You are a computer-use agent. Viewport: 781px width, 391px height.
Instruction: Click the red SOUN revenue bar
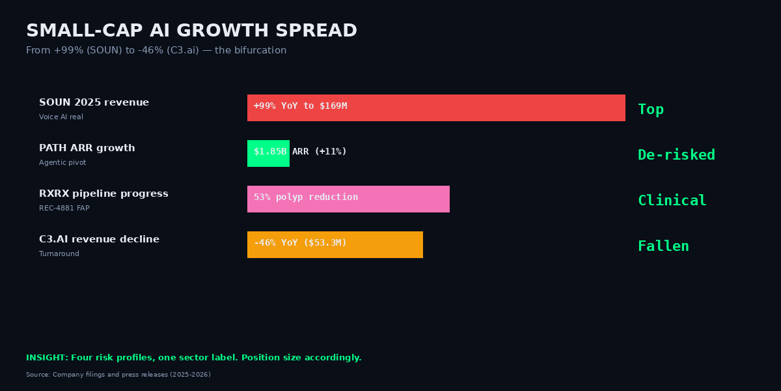point(436,108)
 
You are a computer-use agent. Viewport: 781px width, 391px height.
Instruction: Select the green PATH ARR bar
point(268,153)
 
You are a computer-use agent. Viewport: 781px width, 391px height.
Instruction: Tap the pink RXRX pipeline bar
point(348,199)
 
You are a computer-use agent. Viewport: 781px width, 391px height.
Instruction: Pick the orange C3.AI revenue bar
point(335,244)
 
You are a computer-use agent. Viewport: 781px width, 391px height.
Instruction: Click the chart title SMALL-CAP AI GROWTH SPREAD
point(191,31)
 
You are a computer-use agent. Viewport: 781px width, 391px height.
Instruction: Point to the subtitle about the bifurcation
point(156,51)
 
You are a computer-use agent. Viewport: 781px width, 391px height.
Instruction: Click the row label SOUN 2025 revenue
point(94,103)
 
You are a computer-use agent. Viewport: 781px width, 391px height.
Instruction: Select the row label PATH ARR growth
point(87,149)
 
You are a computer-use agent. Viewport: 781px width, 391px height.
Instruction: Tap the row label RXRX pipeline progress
point(103,194)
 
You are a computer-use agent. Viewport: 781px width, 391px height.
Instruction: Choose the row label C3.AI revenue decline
point(99,240)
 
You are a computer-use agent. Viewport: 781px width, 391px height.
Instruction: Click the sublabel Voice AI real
point(61,117)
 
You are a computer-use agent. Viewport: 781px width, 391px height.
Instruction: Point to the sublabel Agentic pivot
point(62,163)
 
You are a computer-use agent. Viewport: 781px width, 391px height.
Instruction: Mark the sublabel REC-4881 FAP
point(64,209)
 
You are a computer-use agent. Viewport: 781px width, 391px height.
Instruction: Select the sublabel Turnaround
point(59,254)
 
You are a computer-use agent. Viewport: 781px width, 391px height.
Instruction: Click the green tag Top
point(651,109)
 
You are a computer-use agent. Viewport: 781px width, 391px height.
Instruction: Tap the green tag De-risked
point(676,155)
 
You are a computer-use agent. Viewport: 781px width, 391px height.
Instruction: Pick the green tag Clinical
point(672,201)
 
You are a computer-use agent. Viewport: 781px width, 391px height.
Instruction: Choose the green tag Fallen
point(663,246)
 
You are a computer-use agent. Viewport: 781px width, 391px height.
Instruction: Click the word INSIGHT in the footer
point(47,358)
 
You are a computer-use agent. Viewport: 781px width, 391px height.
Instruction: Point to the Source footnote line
point(118,375)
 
